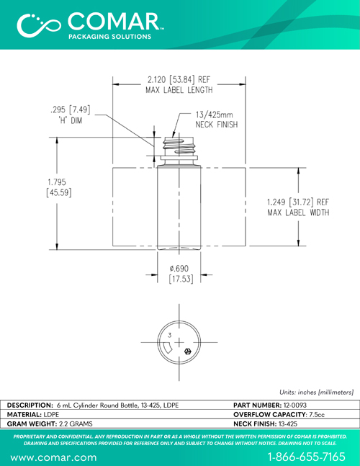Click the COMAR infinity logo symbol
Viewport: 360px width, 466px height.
(39, 25)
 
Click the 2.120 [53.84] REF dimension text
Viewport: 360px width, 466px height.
(179, 80)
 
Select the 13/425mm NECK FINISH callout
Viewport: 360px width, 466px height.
(217, 120)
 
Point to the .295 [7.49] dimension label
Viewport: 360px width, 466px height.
(71, 109)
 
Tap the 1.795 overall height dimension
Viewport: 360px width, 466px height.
(59, 187)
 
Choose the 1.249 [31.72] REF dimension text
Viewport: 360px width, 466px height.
(298, 202)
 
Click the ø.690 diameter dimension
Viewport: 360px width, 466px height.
(180, 274)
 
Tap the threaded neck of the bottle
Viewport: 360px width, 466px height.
(179, 148)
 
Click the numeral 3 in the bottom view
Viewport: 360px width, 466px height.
(170, 335)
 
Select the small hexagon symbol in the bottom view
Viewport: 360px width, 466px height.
(187, 351)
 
